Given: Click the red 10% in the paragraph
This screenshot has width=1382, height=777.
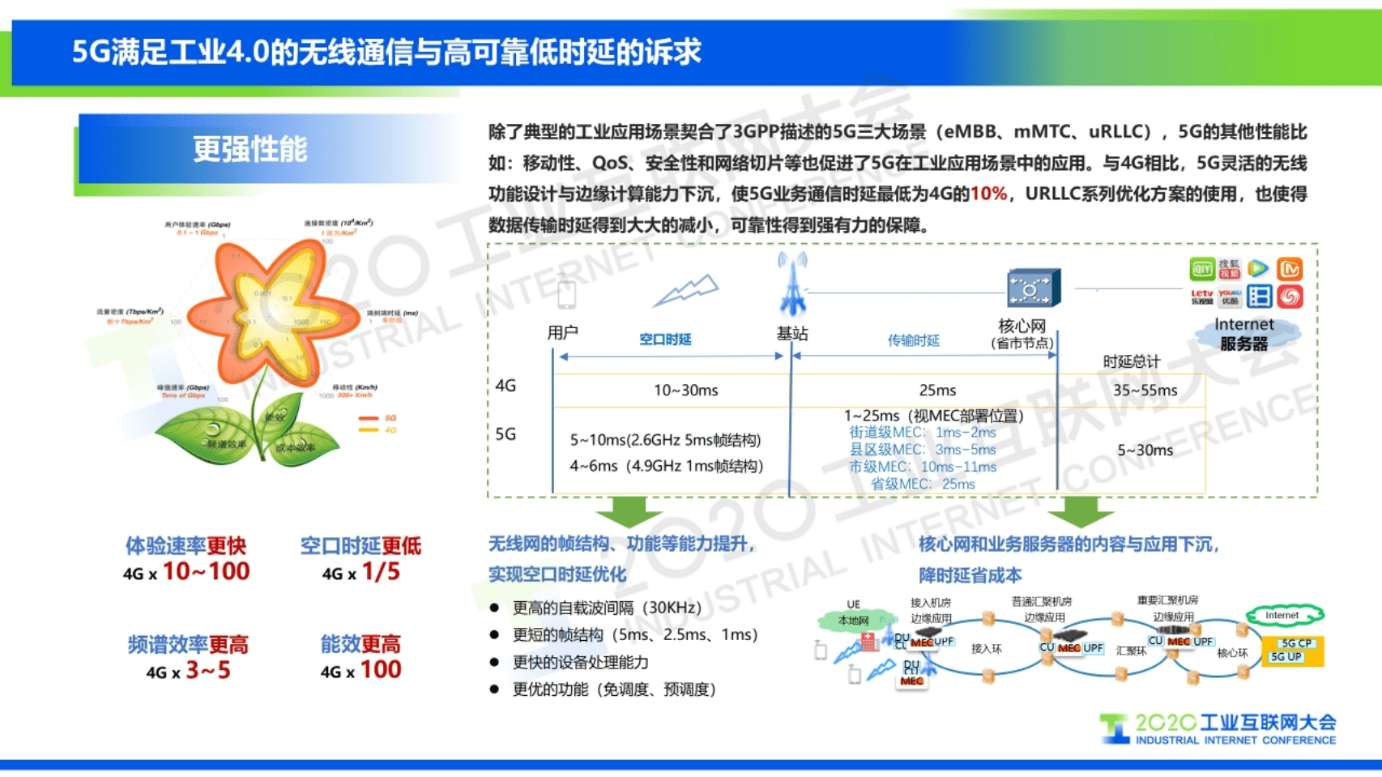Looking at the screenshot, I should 988,194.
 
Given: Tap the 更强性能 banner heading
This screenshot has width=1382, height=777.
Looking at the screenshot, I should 250,150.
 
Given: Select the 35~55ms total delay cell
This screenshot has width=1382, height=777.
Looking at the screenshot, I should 1145,391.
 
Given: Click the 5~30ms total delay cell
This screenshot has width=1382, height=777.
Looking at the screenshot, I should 1145,450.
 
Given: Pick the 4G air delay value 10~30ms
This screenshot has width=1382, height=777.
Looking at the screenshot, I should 685,391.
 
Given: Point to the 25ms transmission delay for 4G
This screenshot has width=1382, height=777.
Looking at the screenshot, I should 937,391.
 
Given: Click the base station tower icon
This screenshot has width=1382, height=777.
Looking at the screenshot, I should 792,284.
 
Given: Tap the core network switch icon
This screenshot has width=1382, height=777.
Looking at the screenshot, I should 1030,288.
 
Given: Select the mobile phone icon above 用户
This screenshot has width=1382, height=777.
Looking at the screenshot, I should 566,292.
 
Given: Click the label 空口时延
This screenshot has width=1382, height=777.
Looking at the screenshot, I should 665,339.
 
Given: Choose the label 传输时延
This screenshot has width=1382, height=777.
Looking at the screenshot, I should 913,340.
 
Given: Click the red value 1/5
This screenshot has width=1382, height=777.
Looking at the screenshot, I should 381,572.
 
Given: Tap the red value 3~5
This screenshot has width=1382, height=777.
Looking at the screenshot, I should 208,671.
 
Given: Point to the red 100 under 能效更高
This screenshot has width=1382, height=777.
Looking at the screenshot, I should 381,670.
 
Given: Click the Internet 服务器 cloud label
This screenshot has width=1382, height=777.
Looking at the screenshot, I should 1243,334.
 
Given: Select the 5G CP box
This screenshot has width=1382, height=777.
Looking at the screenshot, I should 1295,643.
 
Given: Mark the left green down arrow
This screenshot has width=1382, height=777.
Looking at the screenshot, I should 629,511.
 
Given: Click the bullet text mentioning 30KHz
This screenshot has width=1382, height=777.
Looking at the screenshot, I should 607,608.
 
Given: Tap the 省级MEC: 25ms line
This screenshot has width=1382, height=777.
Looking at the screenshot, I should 923,485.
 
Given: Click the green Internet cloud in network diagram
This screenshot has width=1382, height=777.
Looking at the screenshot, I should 1282,616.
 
